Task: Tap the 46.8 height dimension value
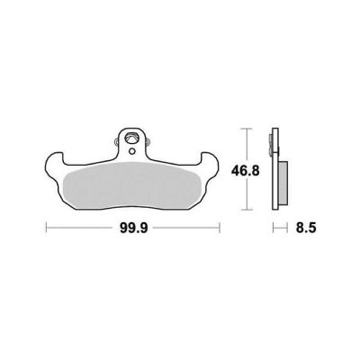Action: click(246, 171)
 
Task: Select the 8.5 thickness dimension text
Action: click(306, 229)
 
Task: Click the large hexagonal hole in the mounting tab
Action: click(132, 139)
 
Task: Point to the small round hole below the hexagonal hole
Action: click(132, 151)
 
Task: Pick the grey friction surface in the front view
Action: click(132, 185)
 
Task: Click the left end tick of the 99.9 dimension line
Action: click(46, 228)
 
